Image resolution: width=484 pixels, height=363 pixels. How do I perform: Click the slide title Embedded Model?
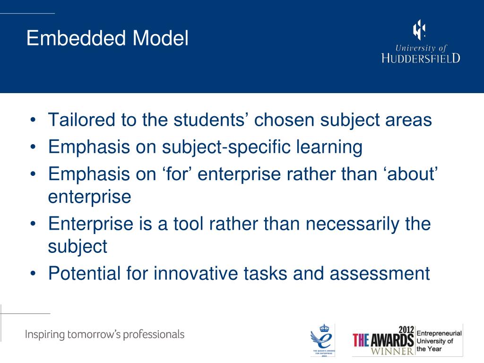click(107, 38)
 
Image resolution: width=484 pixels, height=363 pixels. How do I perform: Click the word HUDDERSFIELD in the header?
click(420, 58)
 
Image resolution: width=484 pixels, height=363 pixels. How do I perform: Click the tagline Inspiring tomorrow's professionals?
click(104, 335)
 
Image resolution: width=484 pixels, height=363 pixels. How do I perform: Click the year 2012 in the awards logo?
click(406, 330)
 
